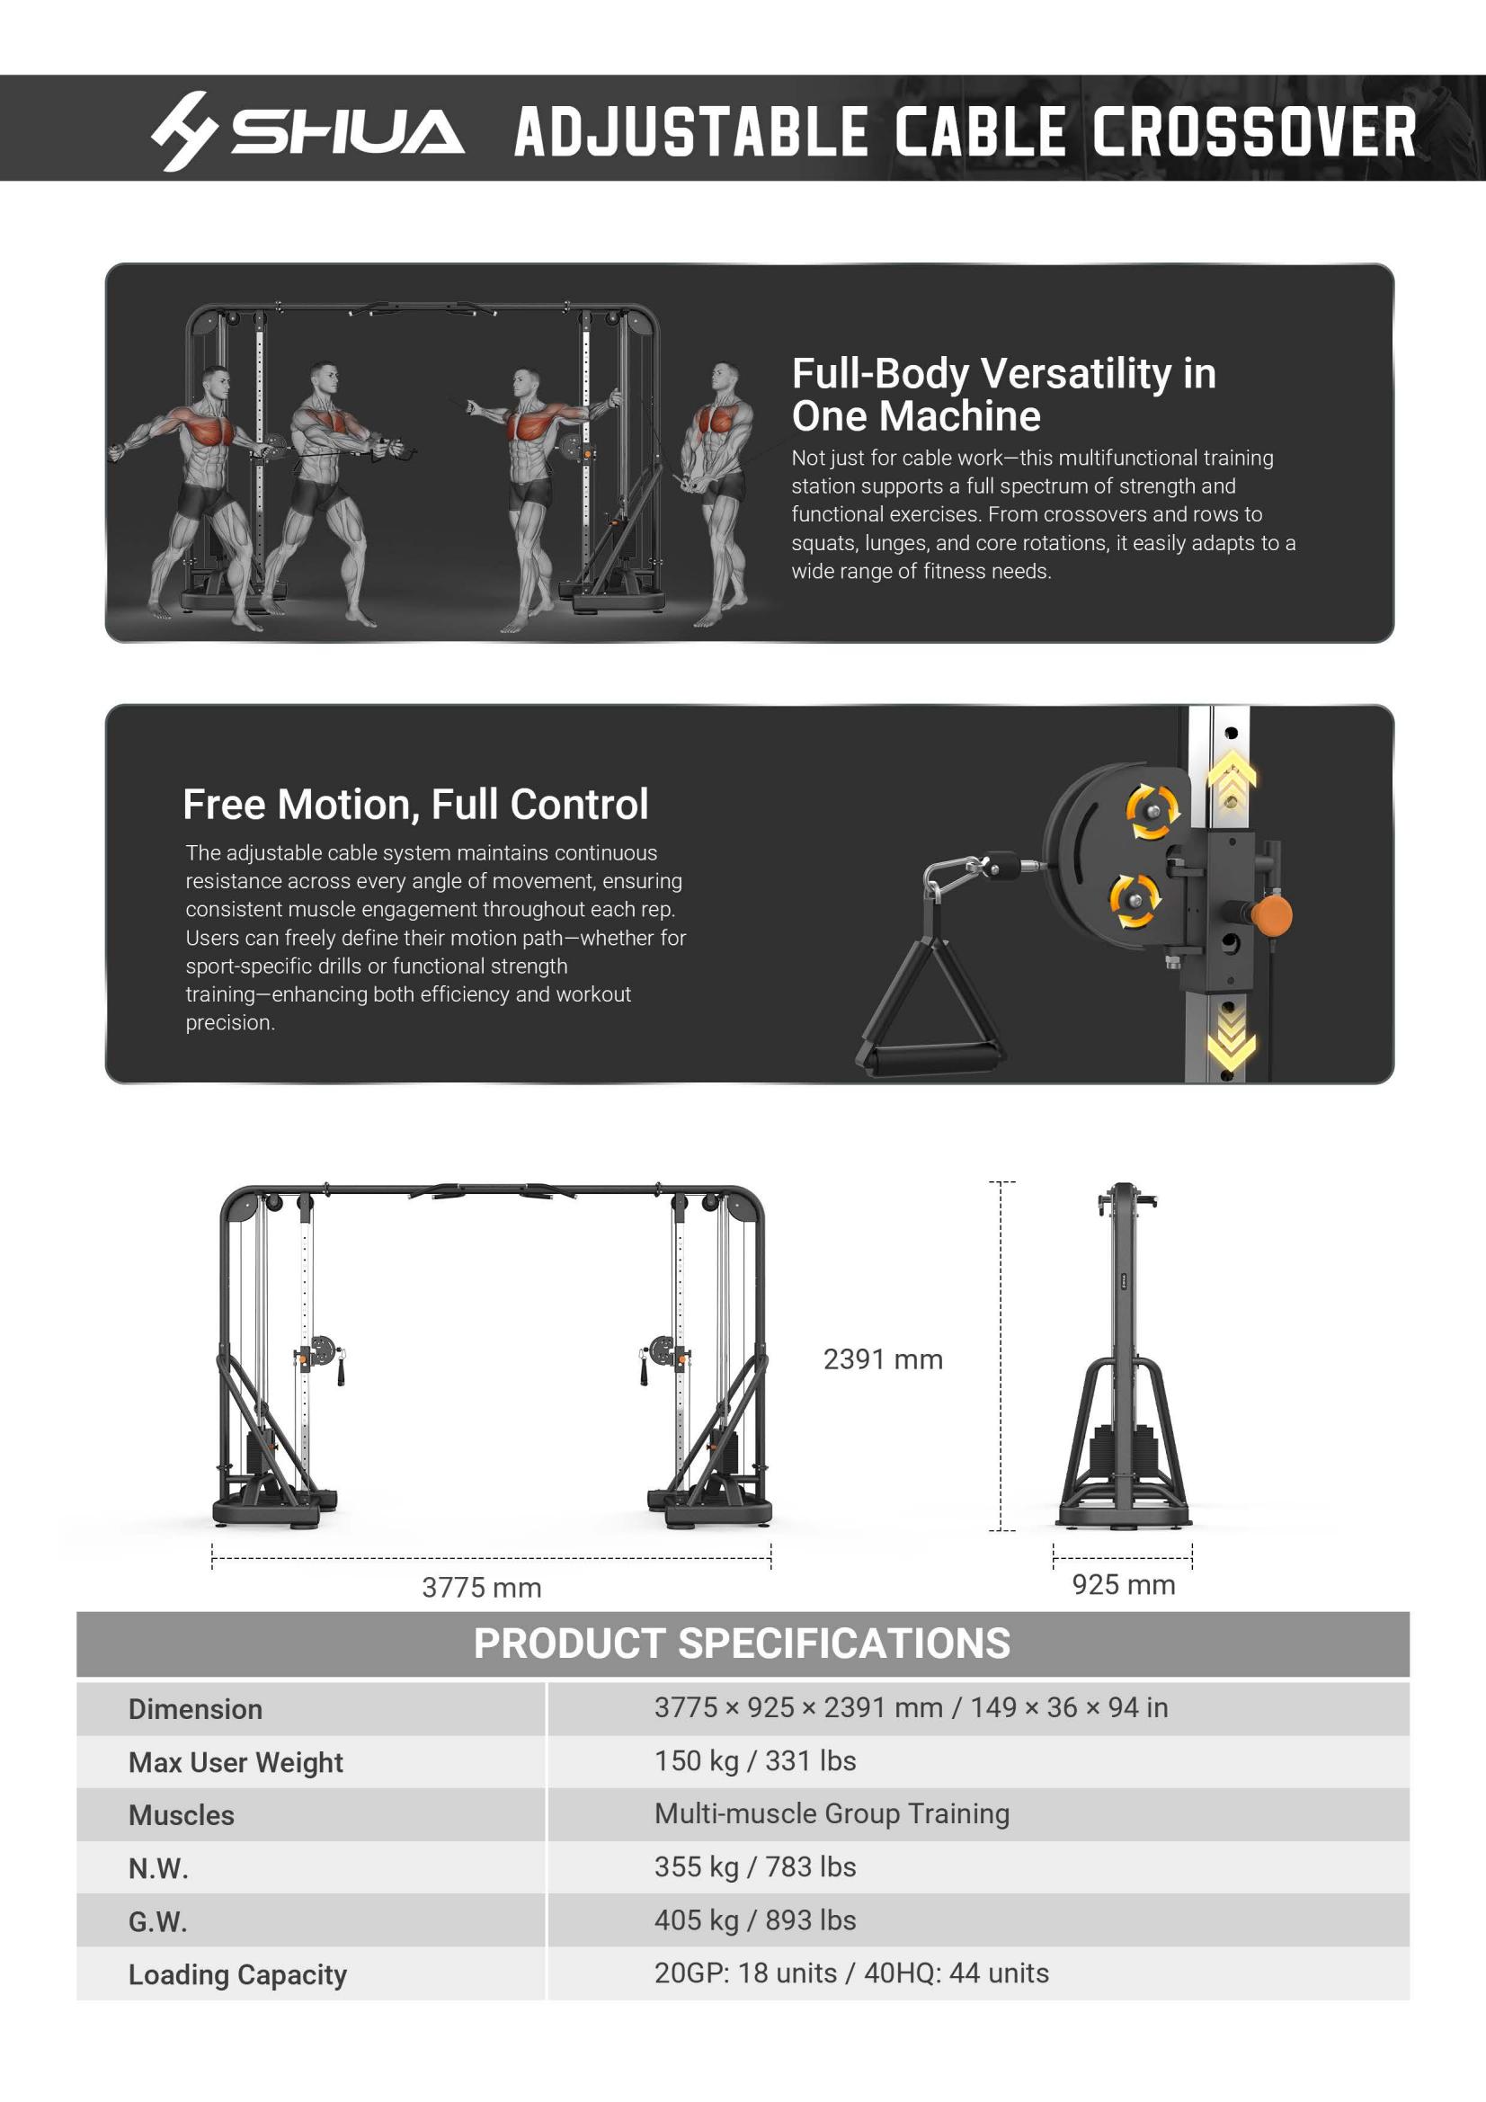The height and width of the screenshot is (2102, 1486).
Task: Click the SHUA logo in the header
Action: pyautogui.click(x=307, y=131)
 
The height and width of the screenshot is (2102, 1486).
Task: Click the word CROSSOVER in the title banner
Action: pyautogui.click(x=1254, y=132)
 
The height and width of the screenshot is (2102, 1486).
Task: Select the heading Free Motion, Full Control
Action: pyautogui.click(x=415, y=805)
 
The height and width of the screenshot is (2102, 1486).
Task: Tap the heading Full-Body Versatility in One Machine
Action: pyautogui.click(x=1003, y=395)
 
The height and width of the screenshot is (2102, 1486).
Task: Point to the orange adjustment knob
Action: pyautogui.click(x=1272, y=914)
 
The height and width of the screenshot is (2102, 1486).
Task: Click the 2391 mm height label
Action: pyautogui.click(x=883, y=1359)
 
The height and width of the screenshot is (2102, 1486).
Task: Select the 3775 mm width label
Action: pyautogui.click(x=482, y=1588)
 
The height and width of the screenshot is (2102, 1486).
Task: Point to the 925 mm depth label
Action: pyautogui.click(x=1124, y=1585)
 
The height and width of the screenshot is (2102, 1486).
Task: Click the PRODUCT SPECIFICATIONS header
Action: pyautogui.click(x=742, y=1643)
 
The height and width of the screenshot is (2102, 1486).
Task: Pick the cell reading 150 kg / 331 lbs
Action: pyautogui.click(x=755, y=1761)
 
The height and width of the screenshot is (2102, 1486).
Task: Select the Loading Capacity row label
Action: pyautogui.click(x=237, y=1974)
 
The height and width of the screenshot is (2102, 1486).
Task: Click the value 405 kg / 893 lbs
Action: pyautogui.click(x=755, y=1920)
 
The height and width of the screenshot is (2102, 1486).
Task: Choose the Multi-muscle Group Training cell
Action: pyautogui.click(x=832, y=1813)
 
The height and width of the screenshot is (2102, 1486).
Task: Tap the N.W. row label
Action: pyautogui.click(x=158, y=1868)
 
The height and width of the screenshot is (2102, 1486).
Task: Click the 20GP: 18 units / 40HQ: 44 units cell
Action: pyautogui.click(x=851, y=1973)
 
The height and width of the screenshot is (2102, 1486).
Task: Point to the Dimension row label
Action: pyautogui.click(x=195, y=1709)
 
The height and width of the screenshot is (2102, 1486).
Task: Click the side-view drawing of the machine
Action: pyautogui.click(x=1124, y=1355)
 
